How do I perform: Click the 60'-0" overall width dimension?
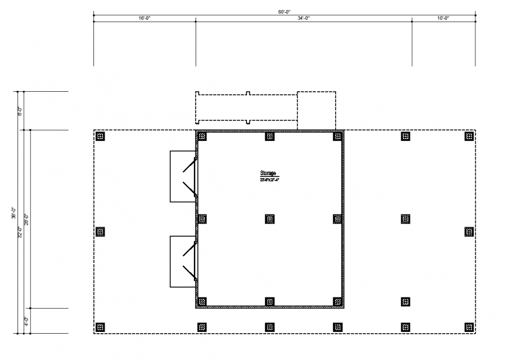click(285, 12)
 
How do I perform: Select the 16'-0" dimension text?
click(145, 18)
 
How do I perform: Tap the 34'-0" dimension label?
click(304, 18)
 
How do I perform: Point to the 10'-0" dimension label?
click(443, 18)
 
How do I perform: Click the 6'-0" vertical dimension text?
click(19, 110)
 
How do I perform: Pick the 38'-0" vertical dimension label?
click(13, 213)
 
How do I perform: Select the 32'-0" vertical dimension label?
click(20, 231)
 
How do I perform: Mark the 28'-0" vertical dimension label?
click(26, 219)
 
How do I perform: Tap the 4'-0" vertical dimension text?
click(26, 320)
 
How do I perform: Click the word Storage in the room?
click(269, 174)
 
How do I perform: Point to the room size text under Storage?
click(269, 180)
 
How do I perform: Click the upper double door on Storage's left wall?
click(190, 176)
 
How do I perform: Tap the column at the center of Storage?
click(270, 219)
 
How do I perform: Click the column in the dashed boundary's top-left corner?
click(100, 136)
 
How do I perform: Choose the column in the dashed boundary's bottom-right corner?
click(469, 327)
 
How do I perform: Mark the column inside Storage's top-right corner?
click(337, 136)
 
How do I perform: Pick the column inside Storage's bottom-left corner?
click(202, 302)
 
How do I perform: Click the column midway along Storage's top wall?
click(270, 136)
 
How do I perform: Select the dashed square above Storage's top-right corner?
click(316, 110)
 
